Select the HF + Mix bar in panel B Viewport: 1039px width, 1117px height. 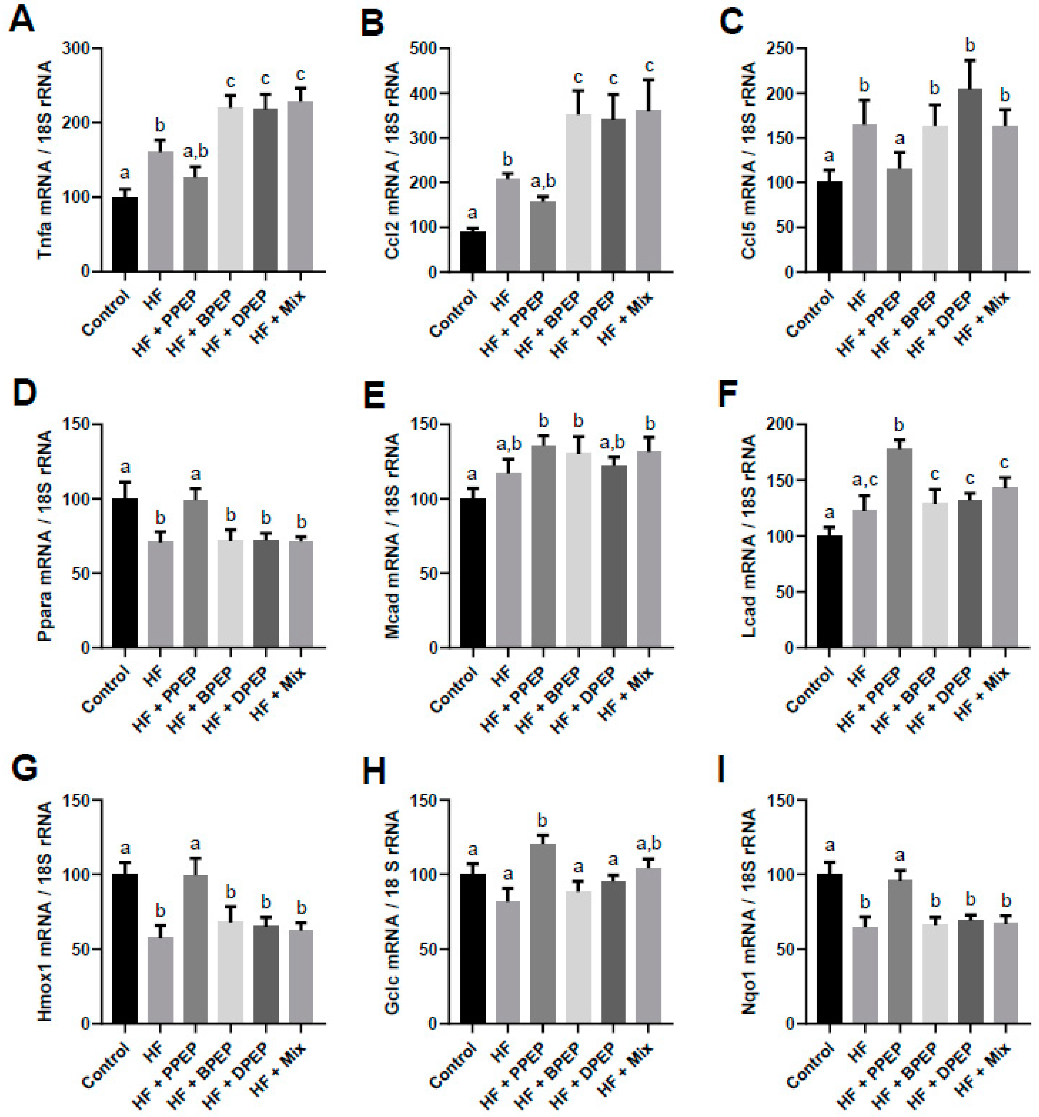coord(648,191)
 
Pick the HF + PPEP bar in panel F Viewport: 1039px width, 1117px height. coord(899,548)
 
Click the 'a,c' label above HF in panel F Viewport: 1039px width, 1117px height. coord(864,481)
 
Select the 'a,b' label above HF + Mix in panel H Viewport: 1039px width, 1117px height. coord(648,844)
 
